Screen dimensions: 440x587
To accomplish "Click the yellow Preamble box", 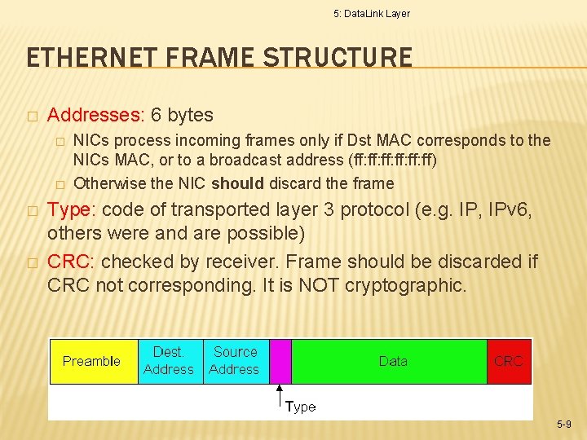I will coord(91,361).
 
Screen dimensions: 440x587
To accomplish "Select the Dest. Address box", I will coord(169,361).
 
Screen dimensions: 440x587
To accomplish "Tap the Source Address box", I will coord(235,361).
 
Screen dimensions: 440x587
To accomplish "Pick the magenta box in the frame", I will coord(280,361).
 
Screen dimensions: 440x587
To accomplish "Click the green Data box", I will coord(392,361).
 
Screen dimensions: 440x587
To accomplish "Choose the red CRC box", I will coord(509,361).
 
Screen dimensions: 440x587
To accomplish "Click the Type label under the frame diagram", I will coord(300,407).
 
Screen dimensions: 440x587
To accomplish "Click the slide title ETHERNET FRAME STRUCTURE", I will coord(219,58).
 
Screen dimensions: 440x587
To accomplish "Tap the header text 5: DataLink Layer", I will coord(372,14).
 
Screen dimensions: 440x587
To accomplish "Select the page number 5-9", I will coord(564,425).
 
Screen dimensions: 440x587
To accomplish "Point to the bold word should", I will coord(236,183).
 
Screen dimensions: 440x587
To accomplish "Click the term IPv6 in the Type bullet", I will coord(508,210).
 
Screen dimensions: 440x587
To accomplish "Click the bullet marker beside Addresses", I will coord(31,116).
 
